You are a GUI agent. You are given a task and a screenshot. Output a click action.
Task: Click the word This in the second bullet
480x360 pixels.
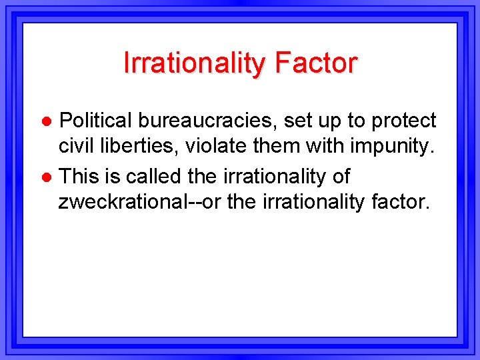pos(78,177)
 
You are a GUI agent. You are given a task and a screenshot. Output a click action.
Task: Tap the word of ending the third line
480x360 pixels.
pos(340,177)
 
